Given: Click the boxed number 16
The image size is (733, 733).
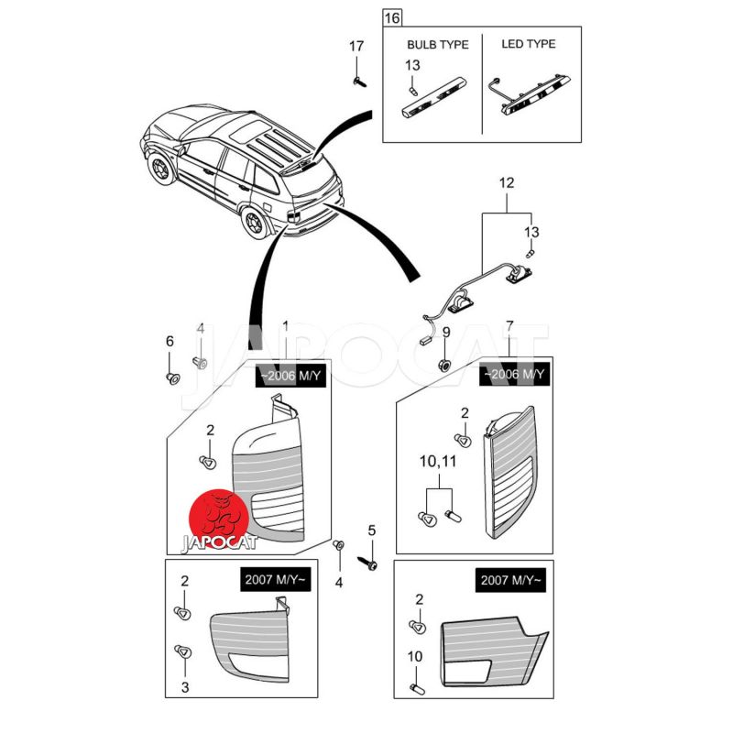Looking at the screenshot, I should pyautogui.click(x=392, y=17).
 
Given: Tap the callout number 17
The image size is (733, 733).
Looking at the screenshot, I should pyautogui.click(x=356, y=46).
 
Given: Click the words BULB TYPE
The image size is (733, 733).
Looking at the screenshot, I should pyautogui.click(x=438, y=44).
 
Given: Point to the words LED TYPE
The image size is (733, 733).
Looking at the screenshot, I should pyautogui.click(x=529, y=44).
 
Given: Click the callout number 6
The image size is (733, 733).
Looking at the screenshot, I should pyautogui.click(x=170, y=341).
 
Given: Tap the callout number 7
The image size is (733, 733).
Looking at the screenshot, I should pyautogui.click(x=509, y=326).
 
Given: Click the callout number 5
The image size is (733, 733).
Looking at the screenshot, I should pyautogui.click(x=372, y=530).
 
